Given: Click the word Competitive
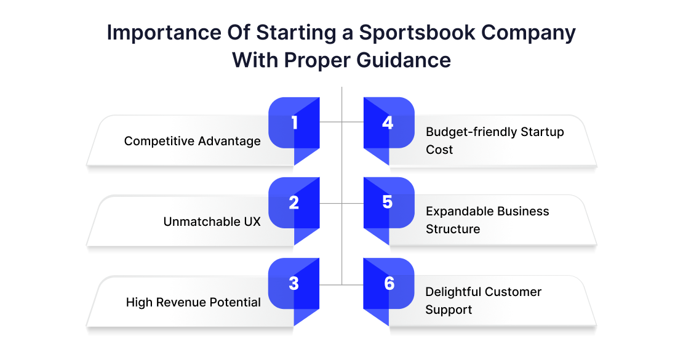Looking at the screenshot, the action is (x=159, y=141).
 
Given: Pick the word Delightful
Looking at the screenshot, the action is (x=453, y=292).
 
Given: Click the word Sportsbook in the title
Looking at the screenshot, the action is (x=417, y=33).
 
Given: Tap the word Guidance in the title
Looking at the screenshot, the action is (x=404, y=60).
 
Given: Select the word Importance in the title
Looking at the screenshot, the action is (x=164, y=33).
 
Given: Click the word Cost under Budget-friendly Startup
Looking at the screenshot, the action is (x=439, y=150).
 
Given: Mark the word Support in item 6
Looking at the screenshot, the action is (x=449, y=310).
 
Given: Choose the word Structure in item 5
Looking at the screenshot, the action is (x=453, y=229).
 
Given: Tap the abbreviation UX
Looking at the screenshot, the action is (x=252, y=222).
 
